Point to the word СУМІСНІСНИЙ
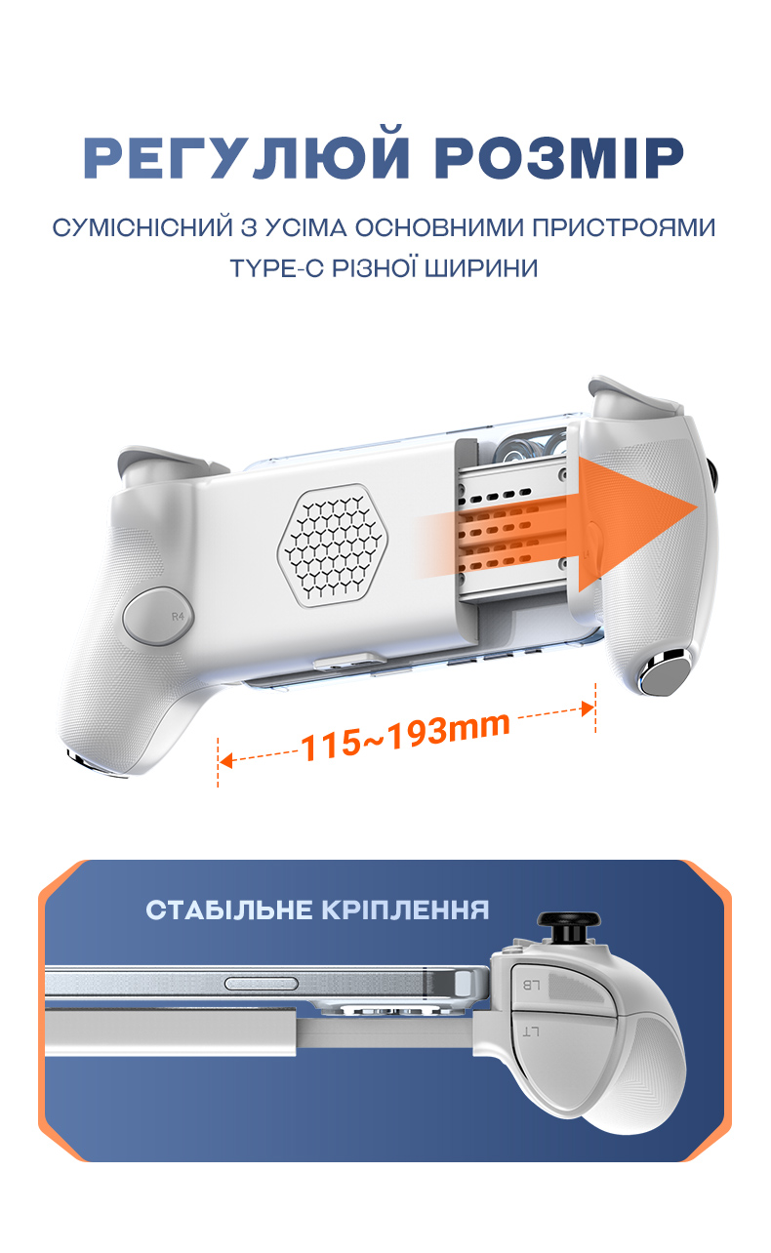142,227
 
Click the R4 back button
158,616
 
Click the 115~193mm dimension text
406,736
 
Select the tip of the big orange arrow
697,507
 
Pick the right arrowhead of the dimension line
588,708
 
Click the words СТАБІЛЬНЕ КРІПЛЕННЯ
317,910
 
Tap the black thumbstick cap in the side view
568,918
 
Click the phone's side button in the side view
262,983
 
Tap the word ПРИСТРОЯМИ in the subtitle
624,227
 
